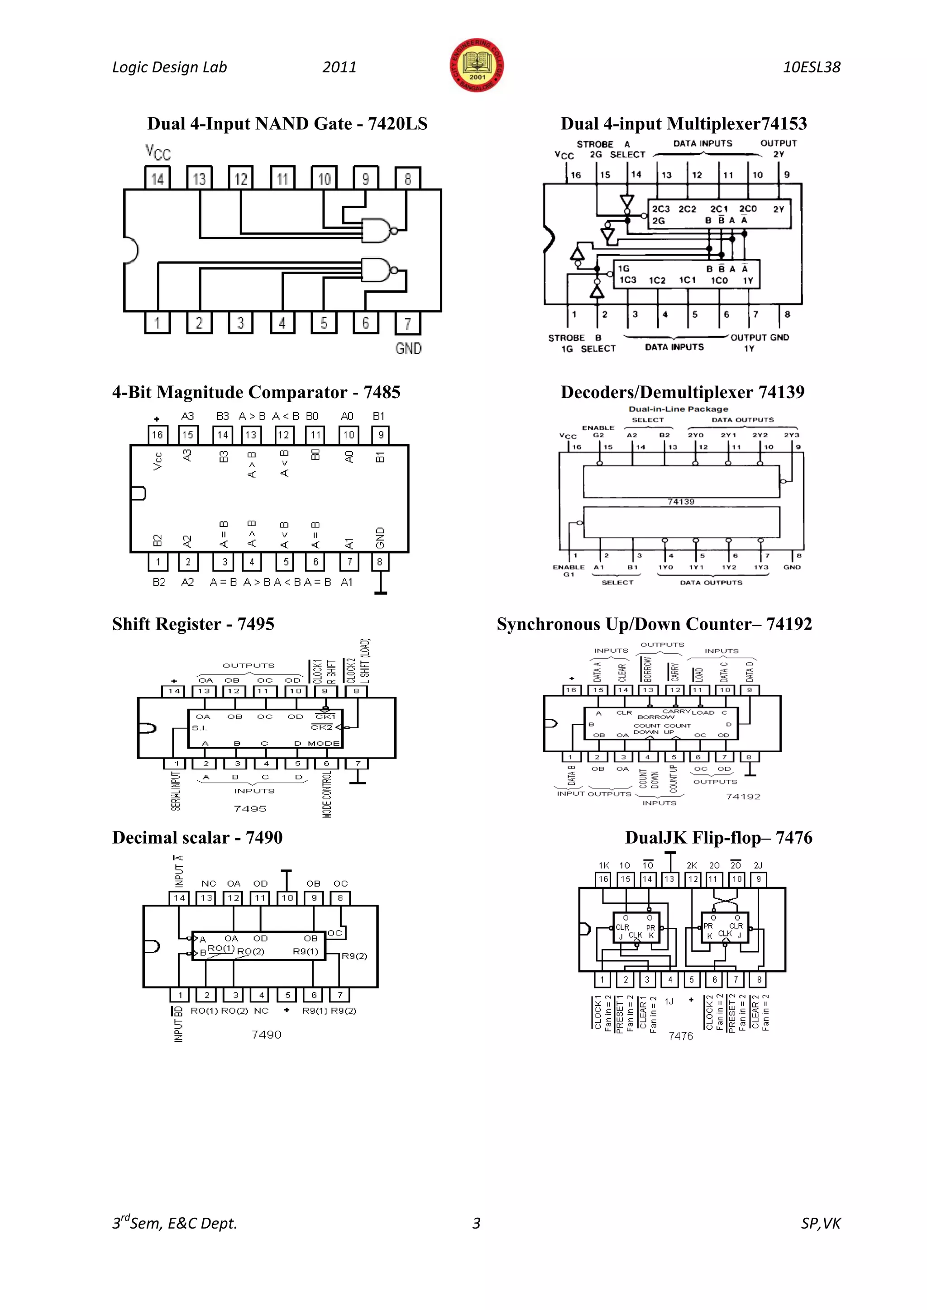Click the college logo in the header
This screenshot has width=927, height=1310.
(477, 66)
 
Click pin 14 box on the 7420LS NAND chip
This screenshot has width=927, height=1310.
(157, 178)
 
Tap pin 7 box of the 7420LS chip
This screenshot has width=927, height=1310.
(407, 323)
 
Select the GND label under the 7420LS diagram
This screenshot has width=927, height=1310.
(408, 348)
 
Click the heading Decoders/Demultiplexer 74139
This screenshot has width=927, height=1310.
(682, 392)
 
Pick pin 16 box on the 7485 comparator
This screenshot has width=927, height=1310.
(157, 435)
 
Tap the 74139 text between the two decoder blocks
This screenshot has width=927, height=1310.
(681, 502)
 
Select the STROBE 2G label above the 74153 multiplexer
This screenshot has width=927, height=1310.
(595, 149)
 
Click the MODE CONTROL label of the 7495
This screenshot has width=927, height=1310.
(327, 794)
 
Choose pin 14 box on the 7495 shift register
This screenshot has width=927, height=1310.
(173, 691)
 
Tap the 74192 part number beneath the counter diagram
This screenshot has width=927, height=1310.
(743, 797)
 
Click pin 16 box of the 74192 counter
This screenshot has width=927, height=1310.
(571, 690)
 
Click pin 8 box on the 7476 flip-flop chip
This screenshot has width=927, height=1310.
(759, 980)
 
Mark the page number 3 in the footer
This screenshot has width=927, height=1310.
(476, 1223)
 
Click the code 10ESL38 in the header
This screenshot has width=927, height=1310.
(811, 67)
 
